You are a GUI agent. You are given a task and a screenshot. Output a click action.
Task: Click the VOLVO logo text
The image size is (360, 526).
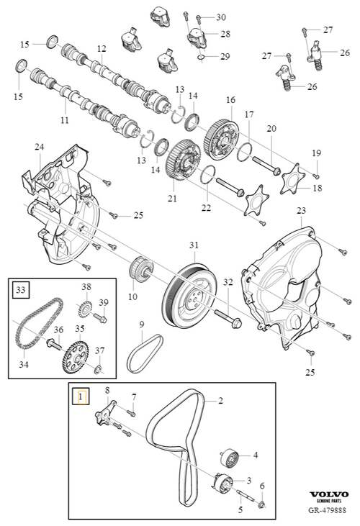[328, 495]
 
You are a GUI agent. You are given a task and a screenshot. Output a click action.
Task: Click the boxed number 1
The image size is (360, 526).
[81, 394]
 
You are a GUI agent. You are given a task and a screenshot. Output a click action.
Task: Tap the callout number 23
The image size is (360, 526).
[300, 210]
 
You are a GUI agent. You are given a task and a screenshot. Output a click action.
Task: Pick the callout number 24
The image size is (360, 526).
[40, 148]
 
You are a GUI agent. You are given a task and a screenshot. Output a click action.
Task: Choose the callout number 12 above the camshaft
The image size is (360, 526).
[102, 49]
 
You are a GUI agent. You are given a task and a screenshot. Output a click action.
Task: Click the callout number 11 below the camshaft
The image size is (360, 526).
[64, 120]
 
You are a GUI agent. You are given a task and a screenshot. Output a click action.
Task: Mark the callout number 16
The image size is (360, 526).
[230, 99]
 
